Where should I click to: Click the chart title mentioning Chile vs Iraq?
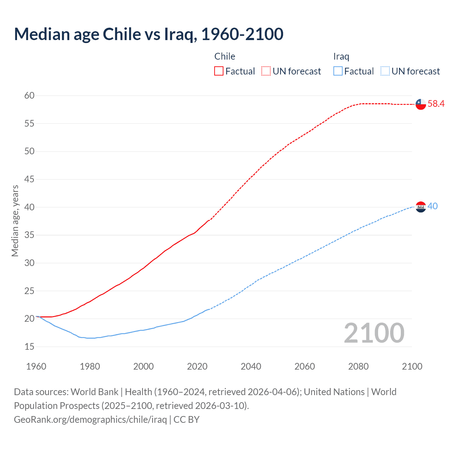pyautogui.click(x=149, y=34)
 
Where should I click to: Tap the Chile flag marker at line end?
pyautogui.click(x=421, y=104)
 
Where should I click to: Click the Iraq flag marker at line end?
pyautogui.click(x=421, y=207)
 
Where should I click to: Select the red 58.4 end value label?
pyautogui.click(x=436, y=104)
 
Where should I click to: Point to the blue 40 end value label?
pyautogui.click(x=433, y=206)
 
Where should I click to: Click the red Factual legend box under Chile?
pyautogui.click(x=219, y=71)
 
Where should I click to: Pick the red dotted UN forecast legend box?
pyautogui.click(x=266, y=71)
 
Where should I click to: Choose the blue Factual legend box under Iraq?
pyautogui.click(x=338, y=71)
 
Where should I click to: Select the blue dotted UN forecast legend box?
pyautogui.click(x=385, y=71)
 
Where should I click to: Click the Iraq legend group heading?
pyautogui.click(x=341, y=56)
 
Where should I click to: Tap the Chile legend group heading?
pyautogui.click(x=225, y=56)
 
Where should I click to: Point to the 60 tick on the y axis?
pyautogui.click(x=29, y=95)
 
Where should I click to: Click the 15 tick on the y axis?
pyautogui.click(x=29, y=347)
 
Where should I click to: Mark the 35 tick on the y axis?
pyautogui.click(x=29, y=235)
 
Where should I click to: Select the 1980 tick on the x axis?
pyautogui.click(x=90, y=366)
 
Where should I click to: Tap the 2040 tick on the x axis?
pyautogui.click(x=251, y=366)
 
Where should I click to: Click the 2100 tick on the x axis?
pyautogui.click(x=412, y=366)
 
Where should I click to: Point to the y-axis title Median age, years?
pyautogui.click(x=15, y=221)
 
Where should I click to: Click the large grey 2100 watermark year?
pyautogui.click(x=374, y=333)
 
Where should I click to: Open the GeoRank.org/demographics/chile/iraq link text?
pyautogui.click(x=90, y=420)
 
